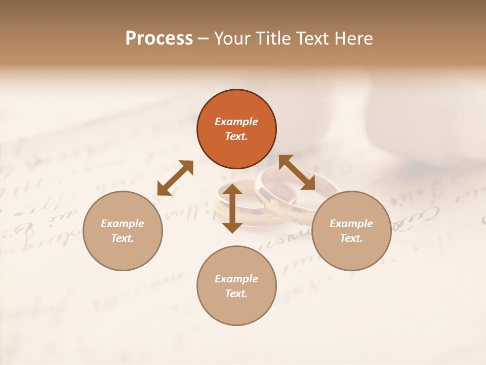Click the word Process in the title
(x=159, y=39)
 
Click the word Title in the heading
(x=273, y=39)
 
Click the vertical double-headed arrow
(x=232, y=208)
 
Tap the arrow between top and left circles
(x=175, y=178)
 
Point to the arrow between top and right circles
(x=297, y=173)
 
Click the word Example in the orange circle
(x=236, y=122)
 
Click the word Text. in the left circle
(x=123, y=238)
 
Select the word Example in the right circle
(x=351, y=224)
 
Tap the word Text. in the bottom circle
(x=236, y=294)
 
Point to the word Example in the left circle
(x=123, y=224)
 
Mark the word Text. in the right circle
(x=351, y=238)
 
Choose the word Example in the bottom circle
(x=236, y=279)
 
